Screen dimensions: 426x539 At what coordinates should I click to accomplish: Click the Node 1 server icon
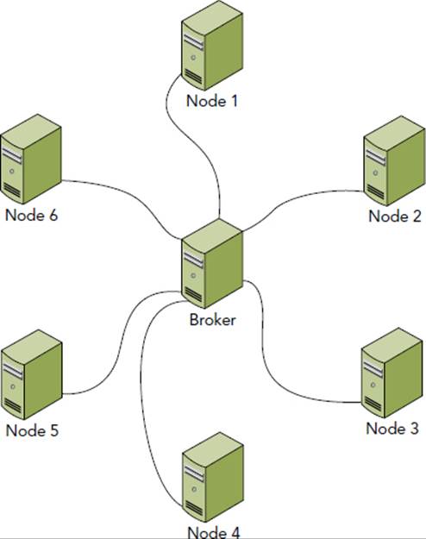tap(212, 46)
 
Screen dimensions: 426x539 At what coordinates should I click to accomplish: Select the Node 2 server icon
tap(394, 161)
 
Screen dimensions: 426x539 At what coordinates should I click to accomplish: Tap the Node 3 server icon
tap(392, 373)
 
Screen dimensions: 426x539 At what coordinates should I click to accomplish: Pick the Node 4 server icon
tap(213, 478)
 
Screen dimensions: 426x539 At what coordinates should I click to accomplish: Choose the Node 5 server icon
tap(32, 374)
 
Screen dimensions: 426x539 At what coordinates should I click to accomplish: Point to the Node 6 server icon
tap(31, 160)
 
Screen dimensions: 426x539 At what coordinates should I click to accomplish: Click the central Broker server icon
tap(212, 263)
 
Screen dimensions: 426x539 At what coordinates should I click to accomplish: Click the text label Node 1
tap(212, 101)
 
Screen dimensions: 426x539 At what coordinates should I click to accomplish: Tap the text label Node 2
tap(395, 216)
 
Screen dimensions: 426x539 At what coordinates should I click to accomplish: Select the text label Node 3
tap(392, 429)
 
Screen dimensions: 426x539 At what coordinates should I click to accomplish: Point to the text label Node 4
tap(214, 532)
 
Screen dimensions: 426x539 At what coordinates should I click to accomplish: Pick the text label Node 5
tap(32, 430)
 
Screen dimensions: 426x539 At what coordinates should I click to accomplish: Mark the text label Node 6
tap(31, 216)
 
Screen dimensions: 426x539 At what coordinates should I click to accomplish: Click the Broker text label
tap(212, 320)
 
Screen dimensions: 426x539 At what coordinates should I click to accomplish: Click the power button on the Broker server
tap(193, 275)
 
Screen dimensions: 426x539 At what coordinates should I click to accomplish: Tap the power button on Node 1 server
tap(193, 58)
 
